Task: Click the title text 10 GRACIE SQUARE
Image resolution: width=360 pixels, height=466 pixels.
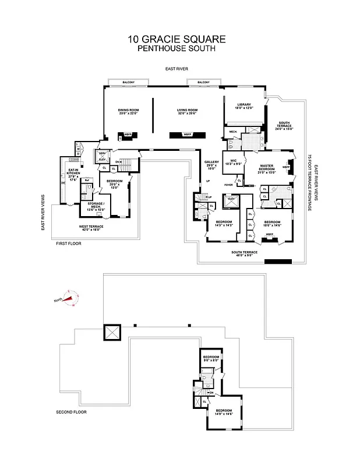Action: [177, 40]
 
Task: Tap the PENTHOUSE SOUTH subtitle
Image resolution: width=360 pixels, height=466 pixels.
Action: [177, 49]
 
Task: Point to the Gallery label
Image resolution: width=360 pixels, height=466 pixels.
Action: [211, 166]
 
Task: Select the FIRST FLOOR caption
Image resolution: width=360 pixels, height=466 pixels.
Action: [69, 243]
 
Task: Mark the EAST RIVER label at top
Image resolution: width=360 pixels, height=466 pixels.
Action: [176, 69]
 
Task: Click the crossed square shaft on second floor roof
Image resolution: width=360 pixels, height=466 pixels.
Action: [111, 333]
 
